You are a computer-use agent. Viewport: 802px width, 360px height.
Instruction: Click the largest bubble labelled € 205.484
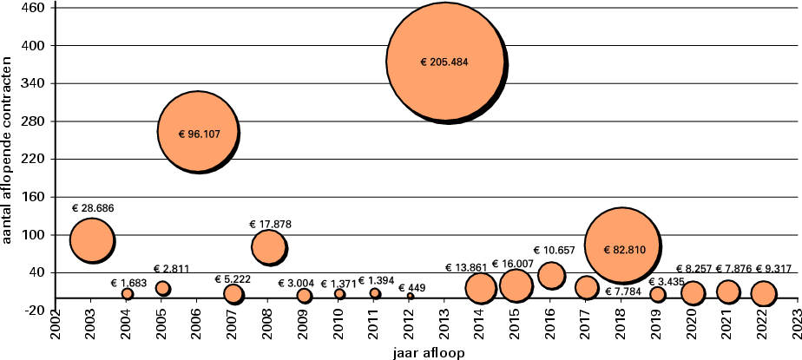(x=444, y=62)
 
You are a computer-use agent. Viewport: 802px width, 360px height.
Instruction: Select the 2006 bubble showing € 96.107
(x=197, y=133)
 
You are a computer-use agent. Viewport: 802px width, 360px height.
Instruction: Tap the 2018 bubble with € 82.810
(x=621, y=245)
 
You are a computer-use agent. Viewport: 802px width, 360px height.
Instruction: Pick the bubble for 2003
(x=91, y=240)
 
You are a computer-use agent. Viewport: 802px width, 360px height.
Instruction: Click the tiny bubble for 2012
(x=410, y=297)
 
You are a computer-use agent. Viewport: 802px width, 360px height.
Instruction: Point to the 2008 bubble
(x=268, y=247)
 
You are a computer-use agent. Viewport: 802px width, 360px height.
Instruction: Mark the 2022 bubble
(x=763, y=293)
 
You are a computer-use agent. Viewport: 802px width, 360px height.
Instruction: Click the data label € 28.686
(x=93, y=208)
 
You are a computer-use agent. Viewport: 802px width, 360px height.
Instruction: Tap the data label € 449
(x=411, y=287)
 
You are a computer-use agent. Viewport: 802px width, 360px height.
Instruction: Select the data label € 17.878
(x=270, y=224)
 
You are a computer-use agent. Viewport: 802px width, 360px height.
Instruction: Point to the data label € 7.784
(x=623, y=291)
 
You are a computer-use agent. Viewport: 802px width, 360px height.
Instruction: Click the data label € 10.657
(x=554, y=251)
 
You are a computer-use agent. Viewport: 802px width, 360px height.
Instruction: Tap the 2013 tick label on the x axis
(x=444, y=331)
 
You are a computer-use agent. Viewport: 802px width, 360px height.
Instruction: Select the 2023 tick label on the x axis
(x=798, y=331)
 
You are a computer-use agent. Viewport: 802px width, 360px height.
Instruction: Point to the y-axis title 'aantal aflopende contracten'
(x=8, y=154)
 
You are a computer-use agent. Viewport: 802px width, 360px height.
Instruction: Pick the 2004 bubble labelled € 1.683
(x=127, y=294)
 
